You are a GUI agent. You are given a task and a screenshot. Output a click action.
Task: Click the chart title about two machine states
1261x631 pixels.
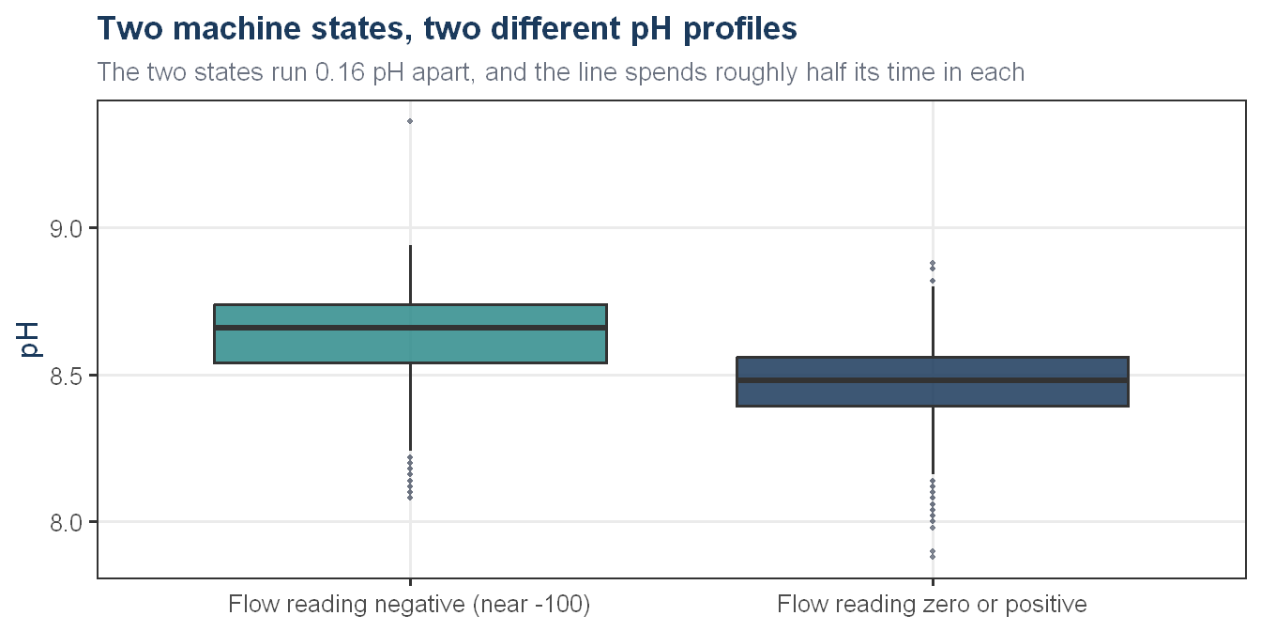pos(447,29)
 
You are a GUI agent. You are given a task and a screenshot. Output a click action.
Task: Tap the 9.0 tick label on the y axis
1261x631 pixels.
pos(66,229)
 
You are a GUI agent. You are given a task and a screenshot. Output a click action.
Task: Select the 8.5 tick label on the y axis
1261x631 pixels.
pos(66,377)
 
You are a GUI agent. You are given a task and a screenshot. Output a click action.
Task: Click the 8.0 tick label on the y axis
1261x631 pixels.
pos(66,523)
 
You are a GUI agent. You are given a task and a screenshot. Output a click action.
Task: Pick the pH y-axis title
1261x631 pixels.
pos(28,340)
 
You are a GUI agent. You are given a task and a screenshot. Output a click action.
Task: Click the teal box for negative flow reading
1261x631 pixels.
pos(410,334)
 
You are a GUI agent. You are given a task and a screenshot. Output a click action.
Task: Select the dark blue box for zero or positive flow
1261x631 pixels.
pos(933,381)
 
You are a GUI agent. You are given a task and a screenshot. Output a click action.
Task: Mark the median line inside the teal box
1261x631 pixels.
pos(410,328)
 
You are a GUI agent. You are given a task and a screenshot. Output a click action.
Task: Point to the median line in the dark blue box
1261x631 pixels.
pos(933,380)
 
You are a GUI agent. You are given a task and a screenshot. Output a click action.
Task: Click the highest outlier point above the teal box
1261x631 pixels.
pos(410,121)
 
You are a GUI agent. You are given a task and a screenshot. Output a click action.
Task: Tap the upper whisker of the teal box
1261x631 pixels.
pos(410,275)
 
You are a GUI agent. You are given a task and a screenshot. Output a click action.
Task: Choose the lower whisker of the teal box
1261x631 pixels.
pos(410,407)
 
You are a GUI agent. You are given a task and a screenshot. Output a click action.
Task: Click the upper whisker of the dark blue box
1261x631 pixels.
pos(933,322)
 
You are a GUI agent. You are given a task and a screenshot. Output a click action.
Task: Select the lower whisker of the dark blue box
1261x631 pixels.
pos(933,440)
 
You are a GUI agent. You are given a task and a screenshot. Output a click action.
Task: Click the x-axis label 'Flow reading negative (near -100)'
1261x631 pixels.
pos(409,605)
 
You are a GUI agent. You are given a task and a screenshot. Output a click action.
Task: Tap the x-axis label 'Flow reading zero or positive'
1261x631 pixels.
pos(932,605)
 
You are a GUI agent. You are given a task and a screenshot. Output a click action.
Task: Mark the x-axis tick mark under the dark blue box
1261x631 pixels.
pos(933,582)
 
